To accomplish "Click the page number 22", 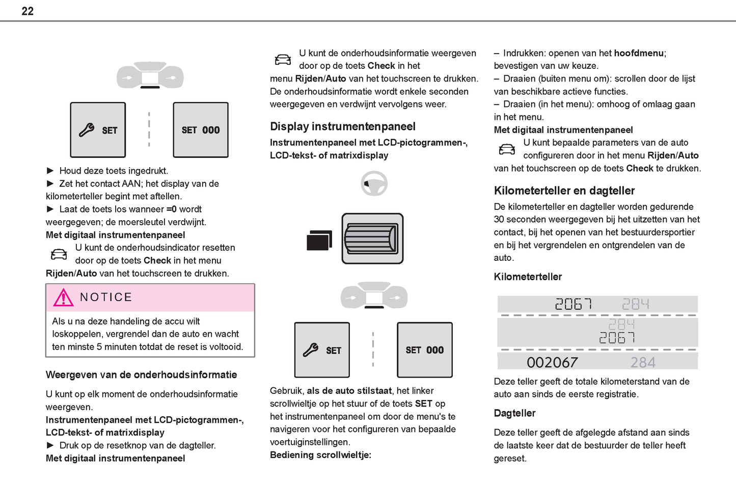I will pos(28,11).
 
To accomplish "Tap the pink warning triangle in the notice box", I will pos(63,297).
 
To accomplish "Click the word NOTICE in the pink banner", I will pos(106,297).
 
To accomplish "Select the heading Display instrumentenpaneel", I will pos(342,126).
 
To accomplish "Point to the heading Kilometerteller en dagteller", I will pos(564,191).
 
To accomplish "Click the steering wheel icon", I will pos(374,183).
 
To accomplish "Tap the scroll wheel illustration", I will pos(372,238).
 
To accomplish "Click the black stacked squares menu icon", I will pos(319,240).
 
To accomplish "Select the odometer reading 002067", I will pos(552,362).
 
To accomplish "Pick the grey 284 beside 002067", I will pos(643,362).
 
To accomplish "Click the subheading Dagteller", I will pos(514,413).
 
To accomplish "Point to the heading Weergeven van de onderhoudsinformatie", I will pos(141,375).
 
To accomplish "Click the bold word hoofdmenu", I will pos(639,53).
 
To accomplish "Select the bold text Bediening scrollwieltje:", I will pos(320,455).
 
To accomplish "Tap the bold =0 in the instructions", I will pos(171,209).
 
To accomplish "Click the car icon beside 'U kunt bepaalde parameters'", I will pos(506,149).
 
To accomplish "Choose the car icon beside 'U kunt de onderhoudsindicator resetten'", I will pos(59,254).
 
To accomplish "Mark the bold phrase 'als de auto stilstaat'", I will pos(349,391).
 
